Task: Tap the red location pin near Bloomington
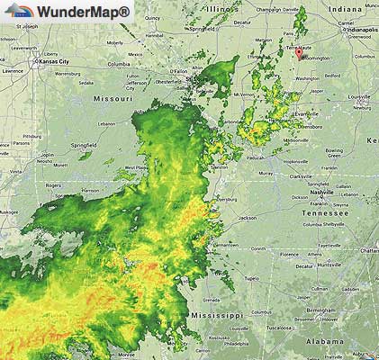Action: (299, 52)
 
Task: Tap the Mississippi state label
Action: (216, 315)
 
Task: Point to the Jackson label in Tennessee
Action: (247, 218)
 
